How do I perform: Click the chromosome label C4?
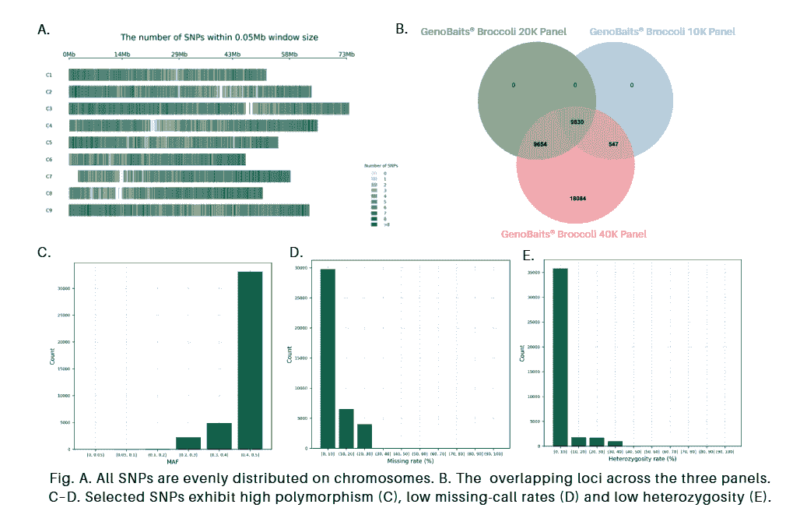(48, 125)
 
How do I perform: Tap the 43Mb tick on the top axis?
(233, 54)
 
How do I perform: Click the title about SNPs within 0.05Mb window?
(219, 37)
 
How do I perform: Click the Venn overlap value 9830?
(577, 122)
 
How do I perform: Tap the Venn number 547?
(613, 145)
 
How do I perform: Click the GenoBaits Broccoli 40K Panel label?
(574, 234)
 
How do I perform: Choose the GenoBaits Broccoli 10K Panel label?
(662, 31)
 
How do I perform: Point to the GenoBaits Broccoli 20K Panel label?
(493, 31)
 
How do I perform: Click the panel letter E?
(528, 254)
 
